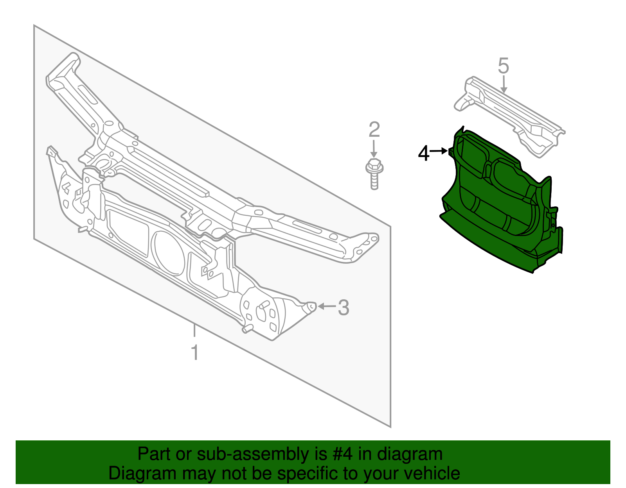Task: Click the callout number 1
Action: (x=195, y=352)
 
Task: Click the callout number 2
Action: (x=374, y=130)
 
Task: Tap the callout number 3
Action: (x=344, y=307)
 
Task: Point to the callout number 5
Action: (x=503, y=66)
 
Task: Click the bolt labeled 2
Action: (x=374, y=174)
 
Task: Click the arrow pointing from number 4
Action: (x=439, y=151)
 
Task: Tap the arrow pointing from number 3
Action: (x=327, y=306)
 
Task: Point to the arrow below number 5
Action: (x=503, y=84)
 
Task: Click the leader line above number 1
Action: (x=194, y=331)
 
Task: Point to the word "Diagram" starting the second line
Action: (x=142, y=474)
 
